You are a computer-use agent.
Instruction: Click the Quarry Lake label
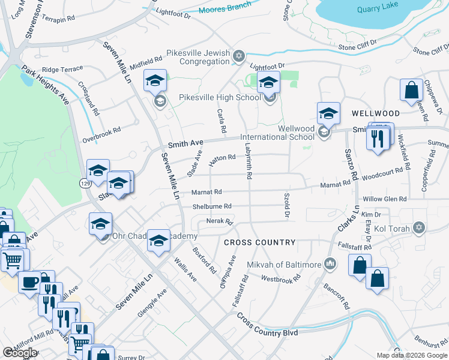(377, 9)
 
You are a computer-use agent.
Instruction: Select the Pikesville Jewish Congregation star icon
(239, 56)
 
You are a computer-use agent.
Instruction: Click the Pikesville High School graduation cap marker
(268, 82)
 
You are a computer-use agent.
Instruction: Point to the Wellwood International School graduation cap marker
(328, 113)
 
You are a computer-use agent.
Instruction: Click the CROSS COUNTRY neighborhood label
(259, 242)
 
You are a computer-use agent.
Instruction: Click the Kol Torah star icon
(419, 228)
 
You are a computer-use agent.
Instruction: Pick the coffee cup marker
(29, 281)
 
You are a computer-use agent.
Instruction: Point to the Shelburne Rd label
(211, 206)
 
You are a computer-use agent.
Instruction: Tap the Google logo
(19, 352)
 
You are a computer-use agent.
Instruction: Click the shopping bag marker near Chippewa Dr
(412, 90)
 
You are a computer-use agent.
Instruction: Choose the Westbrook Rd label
(280, 279)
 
